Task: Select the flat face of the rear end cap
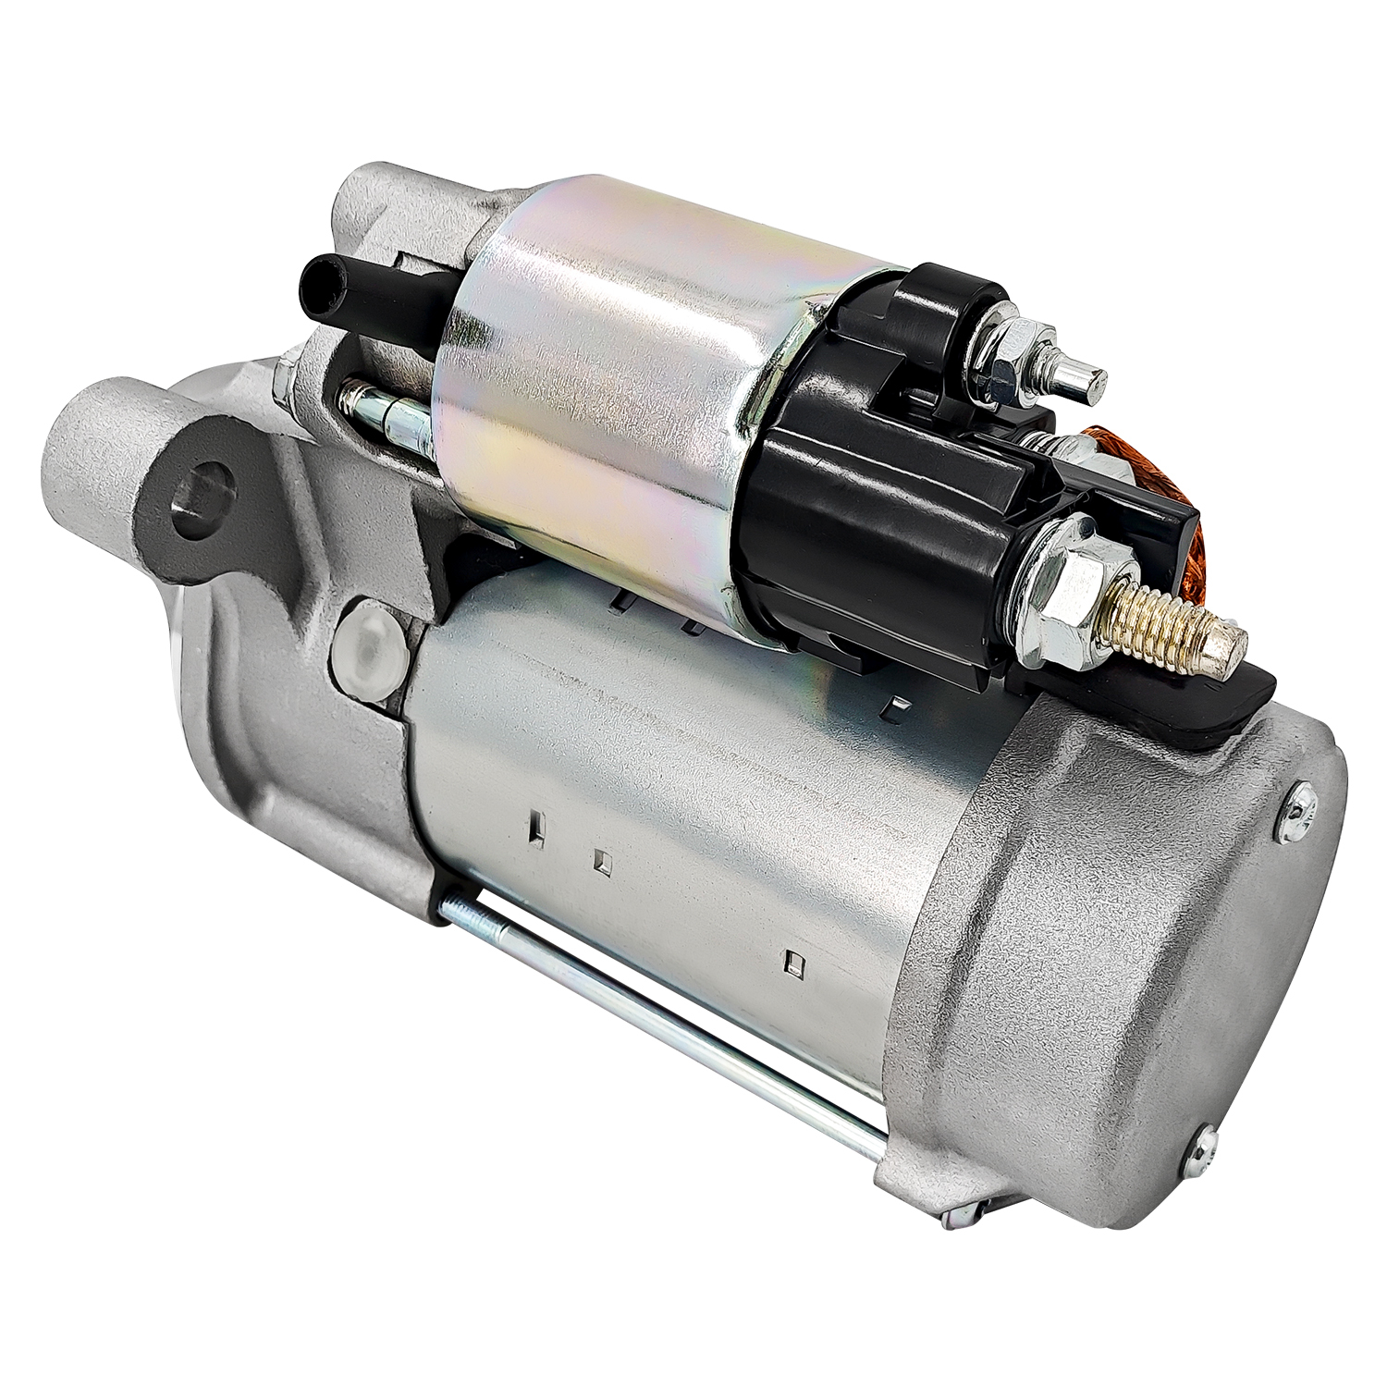(x=1202, y=962)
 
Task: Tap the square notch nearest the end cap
(x=793, y=962)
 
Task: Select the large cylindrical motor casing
(x=666, y=795)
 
